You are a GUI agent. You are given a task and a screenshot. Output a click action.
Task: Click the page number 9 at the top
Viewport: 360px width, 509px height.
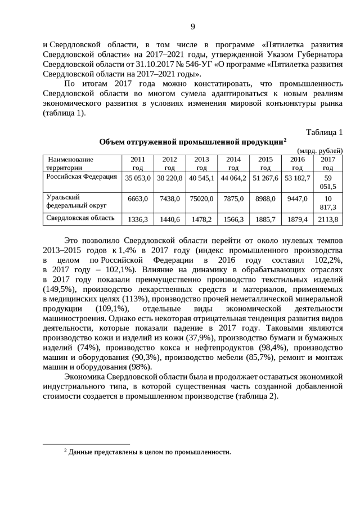[x=193, y=27]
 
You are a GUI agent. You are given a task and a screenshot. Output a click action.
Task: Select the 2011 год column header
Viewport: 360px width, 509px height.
[x=137, y=164]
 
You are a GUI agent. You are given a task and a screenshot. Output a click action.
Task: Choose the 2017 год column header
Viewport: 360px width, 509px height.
[x=328, y=164]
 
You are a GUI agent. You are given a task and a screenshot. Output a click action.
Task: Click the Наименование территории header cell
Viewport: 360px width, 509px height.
[x=70, y=164]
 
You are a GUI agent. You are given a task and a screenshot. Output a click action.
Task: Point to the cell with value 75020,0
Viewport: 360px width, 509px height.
[x=201, y=199]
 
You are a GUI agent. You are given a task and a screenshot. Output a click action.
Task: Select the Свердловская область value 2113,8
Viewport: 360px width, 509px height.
[x=328, y=219]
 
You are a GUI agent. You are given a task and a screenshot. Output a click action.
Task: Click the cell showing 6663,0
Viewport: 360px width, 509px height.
[x=137, y=199]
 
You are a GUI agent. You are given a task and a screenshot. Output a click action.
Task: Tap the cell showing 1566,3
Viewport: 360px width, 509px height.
[x=233, y=219]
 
